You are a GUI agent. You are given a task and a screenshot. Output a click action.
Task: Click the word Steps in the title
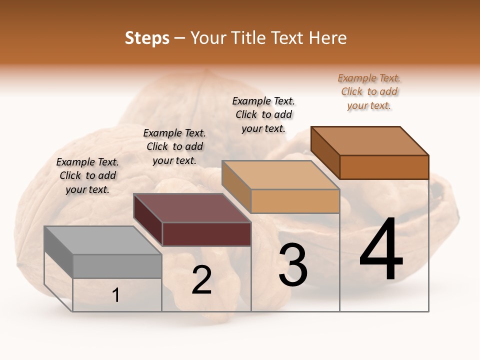pyautogui.click(x=147, y=38)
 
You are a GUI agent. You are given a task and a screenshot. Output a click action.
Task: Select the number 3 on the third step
pyautogui.click(x=293, y=265)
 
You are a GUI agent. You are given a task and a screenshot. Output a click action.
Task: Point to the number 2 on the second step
pyautogui.click(x=201, y=280)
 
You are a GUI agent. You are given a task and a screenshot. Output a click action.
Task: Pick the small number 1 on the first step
pyautogui.click(x=116, y=295)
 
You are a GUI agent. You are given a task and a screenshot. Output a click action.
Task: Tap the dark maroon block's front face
pyautogui.click(x=206, y=234)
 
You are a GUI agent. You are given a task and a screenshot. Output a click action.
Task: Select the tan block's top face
pyautogui.click(x=280, y=175)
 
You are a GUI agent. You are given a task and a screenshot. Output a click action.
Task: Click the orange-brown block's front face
pyautogui.click(x=384, y=167)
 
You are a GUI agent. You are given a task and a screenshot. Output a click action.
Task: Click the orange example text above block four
pyautogui.click(x=369, y=91)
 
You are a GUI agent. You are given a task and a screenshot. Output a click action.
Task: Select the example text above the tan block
pyautogui.click(x=263, y=114)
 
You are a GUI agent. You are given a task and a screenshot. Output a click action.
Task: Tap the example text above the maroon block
pyautogui.click(x=174, y=146)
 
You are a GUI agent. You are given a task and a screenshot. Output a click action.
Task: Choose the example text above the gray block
pyautogui.click(x=87, y=175)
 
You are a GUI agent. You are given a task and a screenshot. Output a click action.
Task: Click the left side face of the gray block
pyautogui.click(x=58, y=252)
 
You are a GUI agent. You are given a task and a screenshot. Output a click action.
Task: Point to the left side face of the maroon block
pyautogui.click(x=148, y=220)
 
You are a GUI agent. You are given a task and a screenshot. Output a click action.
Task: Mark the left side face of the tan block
pyautogui.click(x=236, y=187)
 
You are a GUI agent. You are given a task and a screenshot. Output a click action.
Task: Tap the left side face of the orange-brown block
pyautogui.click(x=325, y=152)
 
